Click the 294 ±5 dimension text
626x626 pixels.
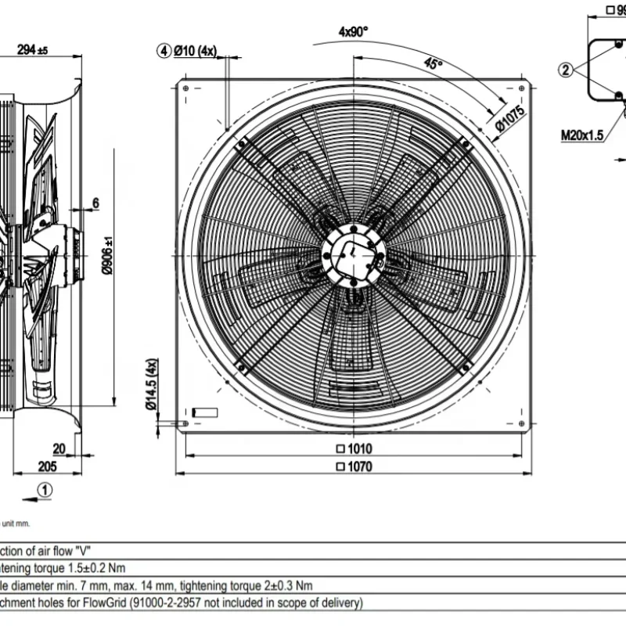coord(32,50)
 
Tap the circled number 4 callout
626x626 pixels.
coord(164,51)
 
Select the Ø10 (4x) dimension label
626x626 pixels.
coord(195,51)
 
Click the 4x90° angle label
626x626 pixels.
coord(353,31)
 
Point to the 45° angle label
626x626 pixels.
coord(434,64)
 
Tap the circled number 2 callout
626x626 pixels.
coord(566,69)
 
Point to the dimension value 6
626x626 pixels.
coord(95,203)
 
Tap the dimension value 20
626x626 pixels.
coord(59,448)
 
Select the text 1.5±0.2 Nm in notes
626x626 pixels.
coord(92,568)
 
